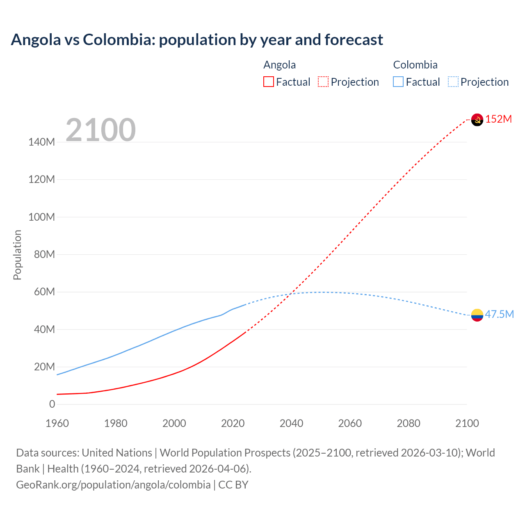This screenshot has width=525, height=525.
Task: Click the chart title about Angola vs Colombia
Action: (x=197, y=40)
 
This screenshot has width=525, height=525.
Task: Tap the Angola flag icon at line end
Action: (x=477, y=119)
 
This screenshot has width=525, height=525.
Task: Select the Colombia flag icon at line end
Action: (x=477, y=315)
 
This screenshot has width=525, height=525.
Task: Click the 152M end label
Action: (x=499, y=119)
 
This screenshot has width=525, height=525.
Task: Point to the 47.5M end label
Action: (x=499, y=315)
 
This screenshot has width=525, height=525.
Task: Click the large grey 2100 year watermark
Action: (x=100, y=130)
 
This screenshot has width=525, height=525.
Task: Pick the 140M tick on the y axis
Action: (x=41, y=142)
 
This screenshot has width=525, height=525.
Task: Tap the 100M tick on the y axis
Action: (x=41, y=217)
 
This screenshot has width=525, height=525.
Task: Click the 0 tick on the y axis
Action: (x=52, y=404)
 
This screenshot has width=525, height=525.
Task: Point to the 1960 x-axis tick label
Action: (x=57, y=423)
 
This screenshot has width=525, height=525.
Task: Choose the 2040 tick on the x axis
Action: (x=291, y=423)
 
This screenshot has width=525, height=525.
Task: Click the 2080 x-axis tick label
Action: (x=409, y=423)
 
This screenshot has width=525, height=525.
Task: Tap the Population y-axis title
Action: (x=17, y=255)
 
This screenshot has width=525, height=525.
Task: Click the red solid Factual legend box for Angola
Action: (x=269, y=82)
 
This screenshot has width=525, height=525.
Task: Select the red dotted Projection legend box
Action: (x=323, y=82)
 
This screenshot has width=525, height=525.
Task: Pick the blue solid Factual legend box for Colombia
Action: (x=398, y=82)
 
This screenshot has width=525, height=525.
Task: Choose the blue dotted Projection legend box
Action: (x=453, y=82)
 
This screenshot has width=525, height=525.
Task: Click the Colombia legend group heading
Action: (x=415, y=65)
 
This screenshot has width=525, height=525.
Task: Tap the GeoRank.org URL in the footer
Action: (x=113, y=485)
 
